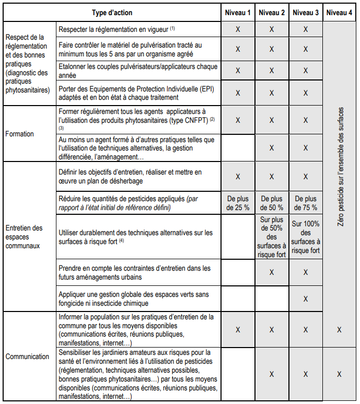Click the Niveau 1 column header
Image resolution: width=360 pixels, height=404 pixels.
pyautogui.click(x=238, y=13)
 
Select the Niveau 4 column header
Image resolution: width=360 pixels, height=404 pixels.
pyautogui.click(x=340, y=13)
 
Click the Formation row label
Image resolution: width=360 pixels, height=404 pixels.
pyautogui.click(x=20, y=134)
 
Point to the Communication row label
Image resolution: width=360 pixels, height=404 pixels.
pyautogui.click(x=28, y=356)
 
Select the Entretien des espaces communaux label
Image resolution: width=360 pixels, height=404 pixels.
pyautogui.click(x=24, y=236)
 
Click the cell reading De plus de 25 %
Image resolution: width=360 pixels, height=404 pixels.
pyautogui.click(x=238, y=203)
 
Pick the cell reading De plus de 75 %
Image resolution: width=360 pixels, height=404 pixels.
pyautogui.click(x=306, y=203)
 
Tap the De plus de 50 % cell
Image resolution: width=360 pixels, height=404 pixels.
pyautogui.click(x=272, y=203)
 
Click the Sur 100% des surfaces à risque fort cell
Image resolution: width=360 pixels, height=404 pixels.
pyautogui.click(x=306, y=237)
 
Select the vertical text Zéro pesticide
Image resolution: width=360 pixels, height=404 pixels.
pyautogui.click(x=340, y=166)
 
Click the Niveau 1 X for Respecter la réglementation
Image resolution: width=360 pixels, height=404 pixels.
pyautogui.click(x=238, y=29)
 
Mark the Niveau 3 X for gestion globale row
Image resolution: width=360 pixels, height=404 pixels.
pyautogui.click(x=306, y=298)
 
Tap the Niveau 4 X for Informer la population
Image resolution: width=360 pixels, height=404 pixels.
pyautogui.click(x=340, y=330)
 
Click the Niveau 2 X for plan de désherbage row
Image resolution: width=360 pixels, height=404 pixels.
pyautogui.click(x=272, y=177)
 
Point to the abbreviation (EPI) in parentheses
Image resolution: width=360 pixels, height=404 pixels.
pyautogui.click(x=196, y=88)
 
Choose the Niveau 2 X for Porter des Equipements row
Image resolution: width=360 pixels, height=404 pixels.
pyautogui.click(x=272, y=93)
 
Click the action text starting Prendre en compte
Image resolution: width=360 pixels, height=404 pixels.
pyautogui.click(x=135, y=272)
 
